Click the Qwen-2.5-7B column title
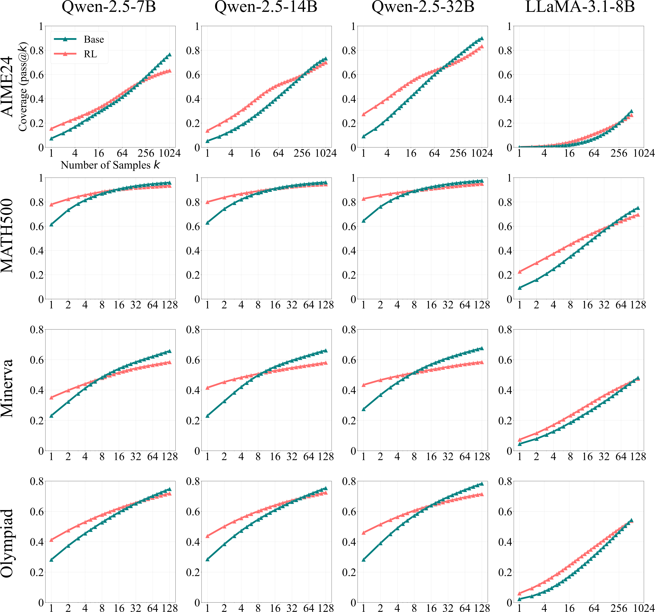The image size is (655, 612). pyautogui.click(x=109, y=7)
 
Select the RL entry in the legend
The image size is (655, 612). pyautogui.click(x=90, y=54)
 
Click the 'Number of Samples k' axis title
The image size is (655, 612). pyautogui.click(x=110, y=165)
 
